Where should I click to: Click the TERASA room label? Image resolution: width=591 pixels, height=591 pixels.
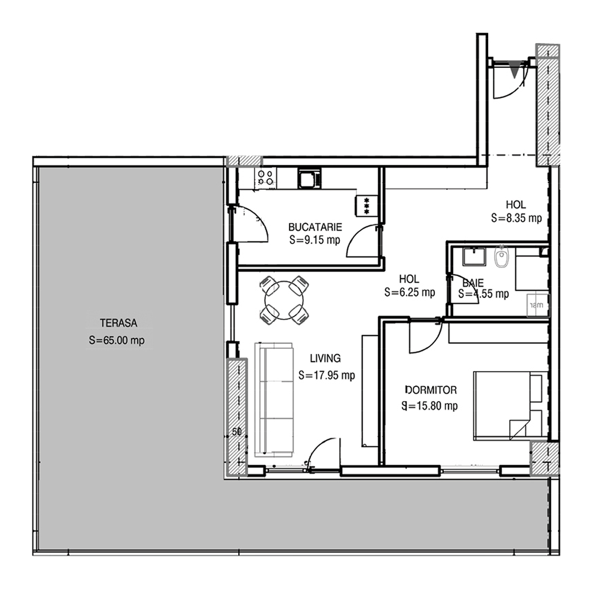[118, 323]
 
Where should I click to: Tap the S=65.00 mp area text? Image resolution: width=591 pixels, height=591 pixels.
[117, 340]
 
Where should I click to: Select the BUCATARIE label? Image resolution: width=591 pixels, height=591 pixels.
[315, 227]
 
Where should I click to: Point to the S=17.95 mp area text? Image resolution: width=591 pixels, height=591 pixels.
[326, 375]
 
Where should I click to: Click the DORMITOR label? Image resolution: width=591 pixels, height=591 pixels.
[431, 389]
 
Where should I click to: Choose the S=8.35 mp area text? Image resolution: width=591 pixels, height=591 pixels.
[517, 218]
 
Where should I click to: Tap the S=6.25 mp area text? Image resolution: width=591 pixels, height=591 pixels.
[410, 292]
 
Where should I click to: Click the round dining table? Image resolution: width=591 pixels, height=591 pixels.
[284, 300]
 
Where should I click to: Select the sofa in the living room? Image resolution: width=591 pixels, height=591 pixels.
[274, 400]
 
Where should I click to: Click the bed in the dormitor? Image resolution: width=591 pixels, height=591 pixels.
[511, 405]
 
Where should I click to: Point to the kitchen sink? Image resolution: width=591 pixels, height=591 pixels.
[310, 178]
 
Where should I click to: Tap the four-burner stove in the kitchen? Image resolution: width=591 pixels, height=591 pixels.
[265, 177]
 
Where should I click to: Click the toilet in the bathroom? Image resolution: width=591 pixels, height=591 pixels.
[502, 257]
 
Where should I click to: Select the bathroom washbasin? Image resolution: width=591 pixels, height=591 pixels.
[475, 256]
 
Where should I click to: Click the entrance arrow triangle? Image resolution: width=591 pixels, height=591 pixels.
[514, 69]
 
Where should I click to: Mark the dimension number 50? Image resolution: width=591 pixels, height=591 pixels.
[237, 432]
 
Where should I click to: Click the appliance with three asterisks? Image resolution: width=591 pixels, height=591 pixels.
[366, 206]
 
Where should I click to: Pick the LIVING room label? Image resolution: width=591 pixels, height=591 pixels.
[325, 358]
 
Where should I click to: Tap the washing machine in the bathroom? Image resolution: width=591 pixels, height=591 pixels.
[537, 305]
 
